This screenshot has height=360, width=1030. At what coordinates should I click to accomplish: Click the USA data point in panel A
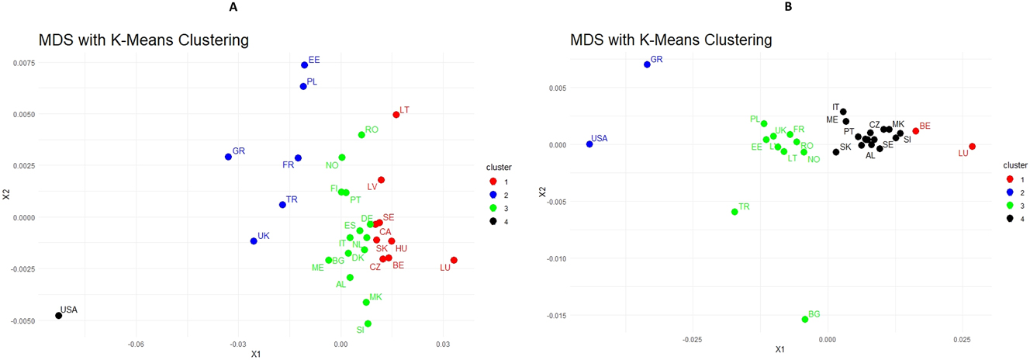click(59, 316)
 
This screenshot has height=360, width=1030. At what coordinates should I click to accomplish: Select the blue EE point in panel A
click(305, 65)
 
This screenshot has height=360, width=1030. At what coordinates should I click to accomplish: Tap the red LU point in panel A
click(454, 261)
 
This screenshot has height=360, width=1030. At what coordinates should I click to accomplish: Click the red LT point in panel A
click(396, 115)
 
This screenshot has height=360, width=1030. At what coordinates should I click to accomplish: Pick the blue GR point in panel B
click(647, 64)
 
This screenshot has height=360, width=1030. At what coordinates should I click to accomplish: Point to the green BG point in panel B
click(805, 319)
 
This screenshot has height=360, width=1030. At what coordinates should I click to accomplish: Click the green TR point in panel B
click(734, 212)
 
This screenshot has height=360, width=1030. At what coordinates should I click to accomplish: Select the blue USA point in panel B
click(589, 144)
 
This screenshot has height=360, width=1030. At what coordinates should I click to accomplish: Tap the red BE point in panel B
click(916, 131)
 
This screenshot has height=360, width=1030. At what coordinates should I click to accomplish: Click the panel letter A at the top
click(233, 7)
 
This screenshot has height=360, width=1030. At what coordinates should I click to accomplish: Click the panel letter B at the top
click(788, 7)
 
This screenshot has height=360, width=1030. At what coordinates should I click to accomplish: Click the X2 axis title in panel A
click(6, 196)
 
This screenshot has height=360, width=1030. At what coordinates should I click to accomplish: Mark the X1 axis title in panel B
click(780, 350)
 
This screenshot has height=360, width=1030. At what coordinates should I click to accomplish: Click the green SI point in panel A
click(368, 324)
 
